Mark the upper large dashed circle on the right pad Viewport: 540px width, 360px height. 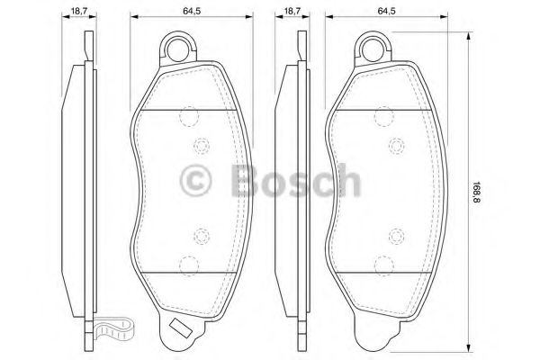(x=384, y=117)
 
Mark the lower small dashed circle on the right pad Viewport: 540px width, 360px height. (x=395, y=237)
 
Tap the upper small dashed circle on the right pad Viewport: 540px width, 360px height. (x=395, y=144)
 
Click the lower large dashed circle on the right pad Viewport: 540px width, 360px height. (x=384, y=265)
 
